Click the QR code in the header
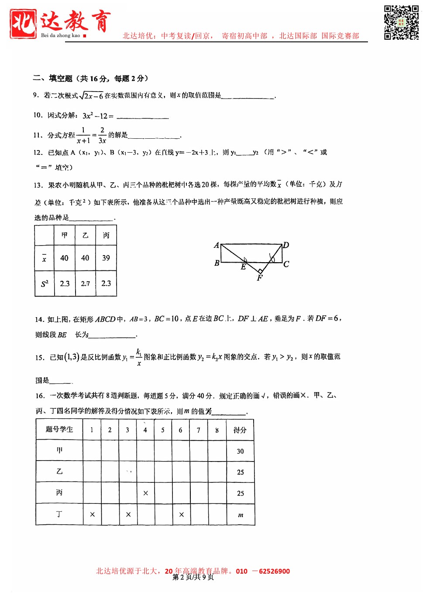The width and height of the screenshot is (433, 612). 401,23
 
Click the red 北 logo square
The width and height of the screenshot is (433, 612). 23,24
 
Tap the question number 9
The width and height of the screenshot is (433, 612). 36,95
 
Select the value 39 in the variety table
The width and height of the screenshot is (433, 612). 106,258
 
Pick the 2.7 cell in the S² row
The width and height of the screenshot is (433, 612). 85,284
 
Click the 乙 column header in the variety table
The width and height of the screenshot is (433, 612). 85,236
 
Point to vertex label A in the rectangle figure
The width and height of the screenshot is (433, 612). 216,245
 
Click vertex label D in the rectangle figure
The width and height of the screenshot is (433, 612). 286,245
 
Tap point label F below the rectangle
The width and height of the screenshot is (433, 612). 260,278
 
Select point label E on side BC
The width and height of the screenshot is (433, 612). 243,267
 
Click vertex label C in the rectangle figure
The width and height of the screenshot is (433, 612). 286,264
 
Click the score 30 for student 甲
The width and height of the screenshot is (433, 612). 240,451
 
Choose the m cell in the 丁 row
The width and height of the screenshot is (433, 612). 241,515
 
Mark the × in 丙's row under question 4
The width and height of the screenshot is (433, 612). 145,493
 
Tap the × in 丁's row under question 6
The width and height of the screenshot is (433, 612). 181,515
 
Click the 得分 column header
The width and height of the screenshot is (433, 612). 240,430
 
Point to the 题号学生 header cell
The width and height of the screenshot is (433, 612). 59,429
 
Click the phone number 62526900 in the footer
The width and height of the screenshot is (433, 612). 274,571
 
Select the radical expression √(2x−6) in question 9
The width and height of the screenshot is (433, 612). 91,96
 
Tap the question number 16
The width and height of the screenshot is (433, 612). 40,396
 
